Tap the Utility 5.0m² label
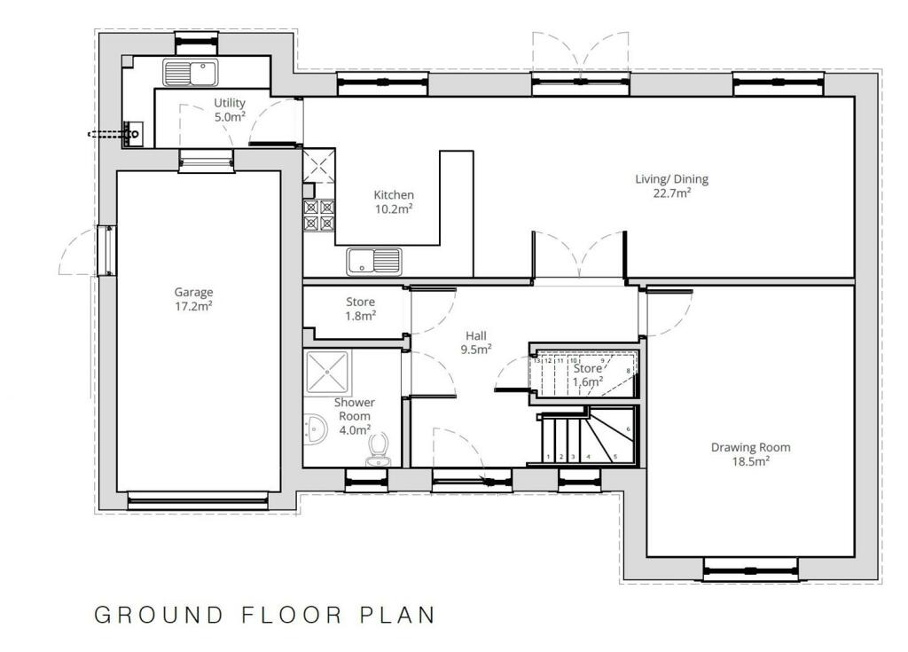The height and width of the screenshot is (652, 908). coord(229,110)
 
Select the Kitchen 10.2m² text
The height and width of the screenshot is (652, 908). coord(394,201)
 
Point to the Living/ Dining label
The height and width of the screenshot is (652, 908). coord(671,185)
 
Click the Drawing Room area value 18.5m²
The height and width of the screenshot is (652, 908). coord(750,461)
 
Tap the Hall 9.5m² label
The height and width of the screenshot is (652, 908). coord(477,342)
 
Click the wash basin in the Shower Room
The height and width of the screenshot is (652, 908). coord(315,431)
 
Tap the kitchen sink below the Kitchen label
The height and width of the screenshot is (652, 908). coord(374,261)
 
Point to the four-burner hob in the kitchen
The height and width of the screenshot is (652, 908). coord(319,216)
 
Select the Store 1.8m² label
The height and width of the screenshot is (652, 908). coord(360,309)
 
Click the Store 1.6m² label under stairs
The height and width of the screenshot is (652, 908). coord(588,374)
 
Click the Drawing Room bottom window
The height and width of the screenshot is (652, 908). coord(749,568)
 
